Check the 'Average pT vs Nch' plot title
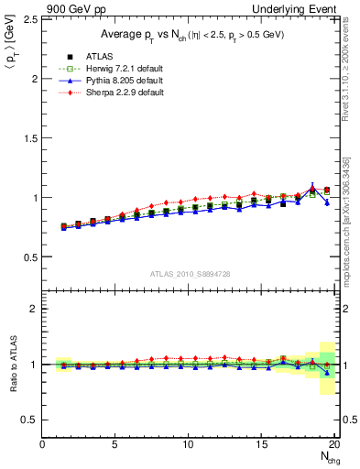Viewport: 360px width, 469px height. click(191, 34)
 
